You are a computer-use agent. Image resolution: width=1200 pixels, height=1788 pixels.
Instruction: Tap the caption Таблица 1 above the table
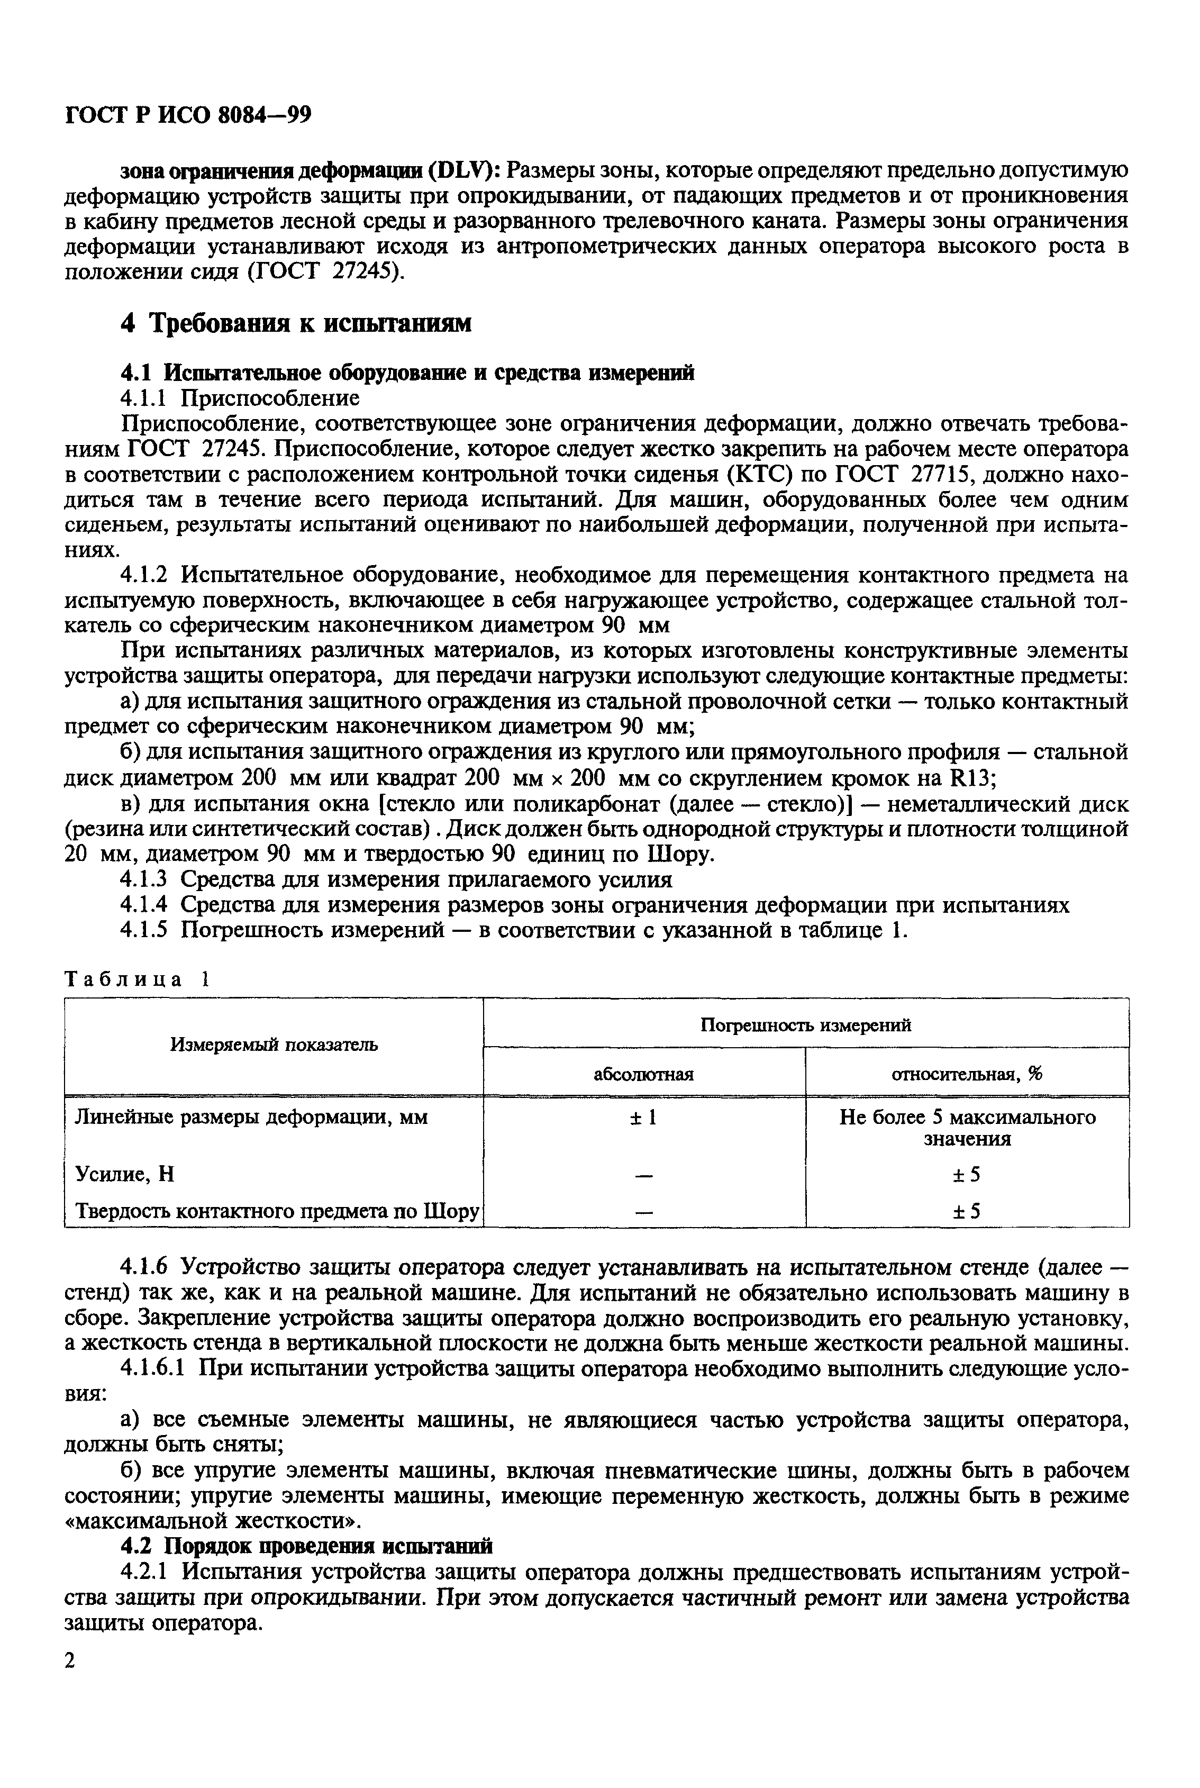137,980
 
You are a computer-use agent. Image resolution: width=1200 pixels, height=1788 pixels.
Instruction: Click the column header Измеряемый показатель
274,1045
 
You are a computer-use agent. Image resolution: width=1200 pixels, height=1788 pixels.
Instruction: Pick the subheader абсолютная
643,1074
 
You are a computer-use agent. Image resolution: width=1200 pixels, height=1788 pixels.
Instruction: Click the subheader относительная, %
967,1074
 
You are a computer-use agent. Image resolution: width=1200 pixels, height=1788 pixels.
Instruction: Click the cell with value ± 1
643,1118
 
